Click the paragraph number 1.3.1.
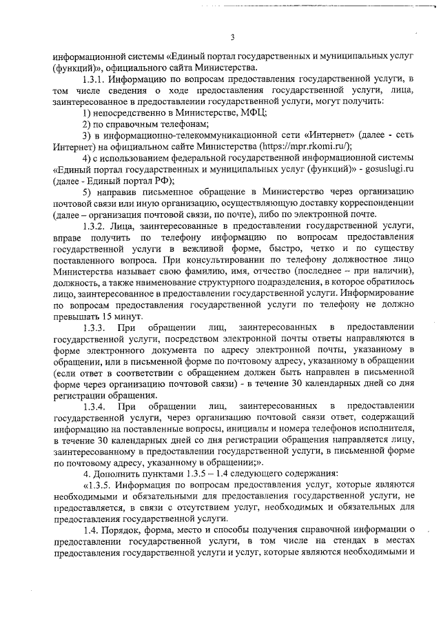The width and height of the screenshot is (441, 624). (x=94, y=81)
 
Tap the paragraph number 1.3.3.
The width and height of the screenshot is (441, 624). (x=94, y=326)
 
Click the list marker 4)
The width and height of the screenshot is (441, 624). (x=88, y=157)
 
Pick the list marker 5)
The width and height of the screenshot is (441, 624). (x=88, y=190)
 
